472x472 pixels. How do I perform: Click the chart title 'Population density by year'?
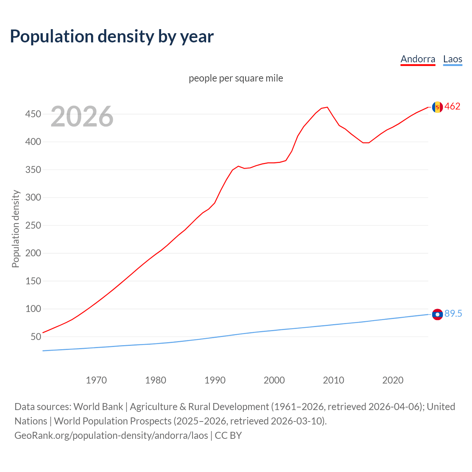(x=112, y=37)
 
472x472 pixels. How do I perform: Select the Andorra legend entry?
(x=418, y=59)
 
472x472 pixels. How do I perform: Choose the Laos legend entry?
(x=452, y=59)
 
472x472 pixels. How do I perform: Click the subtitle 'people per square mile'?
(x=236, y=78)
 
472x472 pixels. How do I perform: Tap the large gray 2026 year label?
(x=82, y=117)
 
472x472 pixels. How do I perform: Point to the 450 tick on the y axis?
(x=33, y=114)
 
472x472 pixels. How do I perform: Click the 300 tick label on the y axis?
(x=33, y=198)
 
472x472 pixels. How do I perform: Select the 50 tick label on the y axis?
(x=35, y=337)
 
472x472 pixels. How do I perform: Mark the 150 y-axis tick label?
(x=33, y=281)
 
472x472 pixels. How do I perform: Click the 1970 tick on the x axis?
(x=96, y=380)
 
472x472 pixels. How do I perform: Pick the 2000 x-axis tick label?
(x=274, y=380)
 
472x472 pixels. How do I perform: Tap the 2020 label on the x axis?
(x=393, y=380)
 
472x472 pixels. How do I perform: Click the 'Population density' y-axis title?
(x=15, y=229)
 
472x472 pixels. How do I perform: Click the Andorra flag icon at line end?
(x=437, y=107)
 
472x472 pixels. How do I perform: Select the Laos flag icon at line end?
(x=437, y=315)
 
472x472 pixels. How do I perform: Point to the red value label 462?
(x=452, y=107)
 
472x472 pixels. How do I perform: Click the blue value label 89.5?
(x=453, y=314)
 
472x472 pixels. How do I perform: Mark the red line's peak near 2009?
(x=327, y=107)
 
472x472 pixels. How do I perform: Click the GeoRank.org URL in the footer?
(x=111, y=435)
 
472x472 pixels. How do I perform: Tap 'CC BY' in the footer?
(x=228, y=435)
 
